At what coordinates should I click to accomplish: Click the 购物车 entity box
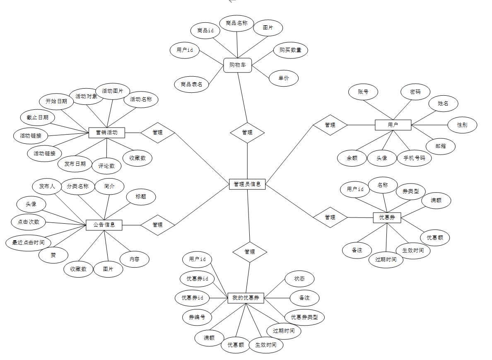[x=238, y=65]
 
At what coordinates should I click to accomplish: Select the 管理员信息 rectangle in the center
[x=247, y=184]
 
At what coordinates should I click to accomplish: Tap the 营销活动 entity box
[x=107, y=133]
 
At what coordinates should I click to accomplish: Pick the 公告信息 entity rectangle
[x=104, y=225]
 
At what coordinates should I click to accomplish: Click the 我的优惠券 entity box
[x=246, y=298]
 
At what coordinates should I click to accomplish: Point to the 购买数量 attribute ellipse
[x=290, y=50]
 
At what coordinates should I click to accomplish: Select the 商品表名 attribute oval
[x=191, y=84]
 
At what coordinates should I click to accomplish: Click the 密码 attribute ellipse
[x=415, y=92]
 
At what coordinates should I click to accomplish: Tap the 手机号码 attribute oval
[x=414, y=158]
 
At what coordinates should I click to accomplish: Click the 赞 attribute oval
[x=53, y=255]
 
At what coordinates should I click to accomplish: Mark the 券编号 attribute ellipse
[x=197, y=317]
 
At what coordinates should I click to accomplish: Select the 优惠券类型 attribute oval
[x=304, y=317]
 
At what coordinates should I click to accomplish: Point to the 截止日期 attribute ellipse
[x=37, y=118]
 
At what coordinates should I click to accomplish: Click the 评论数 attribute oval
[x=106, y=166]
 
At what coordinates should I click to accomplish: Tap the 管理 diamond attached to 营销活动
[x=157, y=133]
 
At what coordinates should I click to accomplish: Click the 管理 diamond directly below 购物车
[x=247, y=133]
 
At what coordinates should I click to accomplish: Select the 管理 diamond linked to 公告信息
[x=157, y=225]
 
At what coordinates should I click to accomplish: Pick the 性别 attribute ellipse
[x=462, y=125]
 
